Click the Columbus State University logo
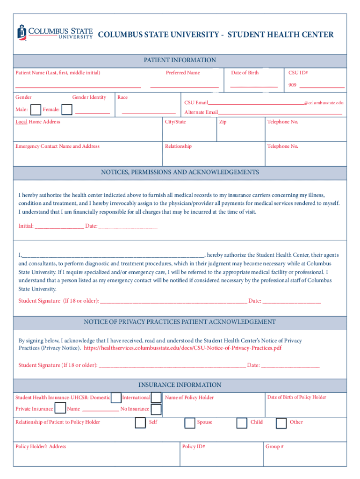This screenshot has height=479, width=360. (55, 32)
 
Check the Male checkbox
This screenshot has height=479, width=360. (35, 109)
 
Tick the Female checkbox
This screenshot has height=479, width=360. (67, 109)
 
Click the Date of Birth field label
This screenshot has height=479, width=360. (245, 73)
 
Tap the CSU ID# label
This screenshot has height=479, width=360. (298, 73)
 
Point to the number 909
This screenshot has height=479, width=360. (292, 85)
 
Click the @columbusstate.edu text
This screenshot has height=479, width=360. (324, 102)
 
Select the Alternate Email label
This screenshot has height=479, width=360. (201, 112)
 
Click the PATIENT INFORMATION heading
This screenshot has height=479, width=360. (180, 60)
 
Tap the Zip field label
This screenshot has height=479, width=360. (223, 122)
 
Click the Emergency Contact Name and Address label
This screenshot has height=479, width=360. (58, 146)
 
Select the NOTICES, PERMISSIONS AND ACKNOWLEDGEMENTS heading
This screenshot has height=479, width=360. (180, 172)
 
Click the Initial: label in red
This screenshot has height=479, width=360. (26, 226)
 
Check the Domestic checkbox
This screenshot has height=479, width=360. (116, 398)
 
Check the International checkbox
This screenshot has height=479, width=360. (157, 398)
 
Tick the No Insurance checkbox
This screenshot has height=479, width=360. (157, 409)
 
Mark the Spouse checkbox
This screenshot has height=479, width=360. (189, 423)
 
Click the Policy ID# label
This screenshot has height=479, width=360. (194, 446)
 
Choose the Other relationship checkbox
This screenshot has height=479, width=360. (281, 423)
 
